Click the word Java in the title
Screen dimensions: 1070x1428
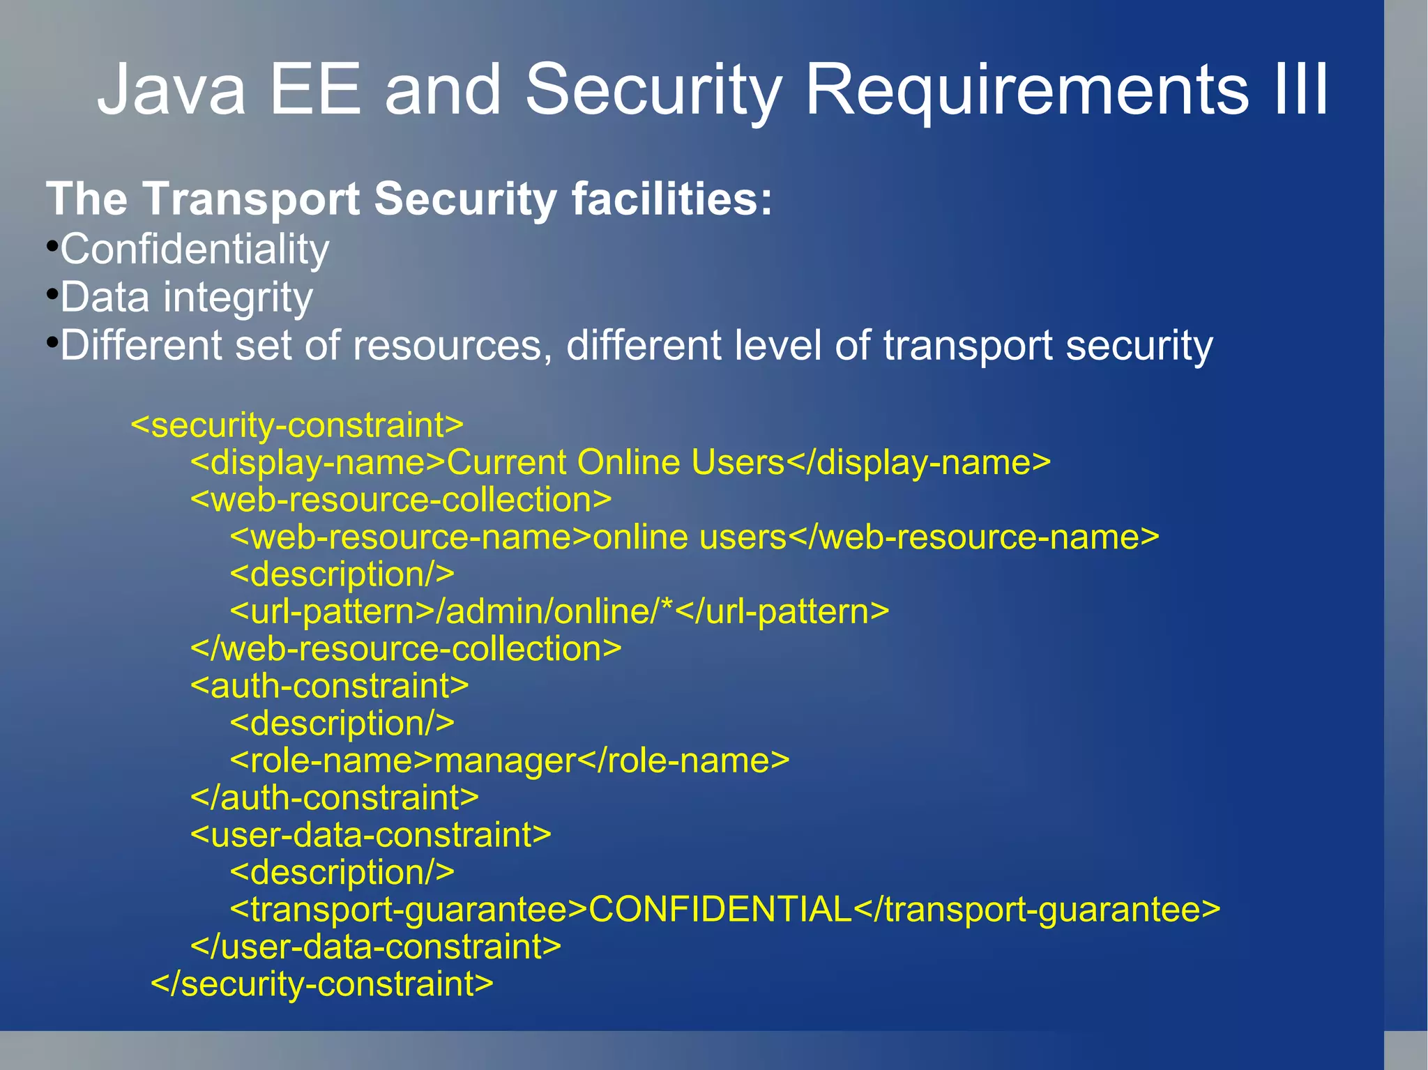pos(172,90)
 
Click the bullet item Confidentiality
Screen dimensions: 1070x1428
pos(194,249)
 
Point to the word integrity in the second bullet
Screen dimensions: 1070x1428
pos(238,298)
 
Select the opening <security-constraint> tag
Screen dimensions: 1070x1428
pos(297,425)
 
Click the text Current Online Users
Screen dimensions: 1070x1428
pos(616,462)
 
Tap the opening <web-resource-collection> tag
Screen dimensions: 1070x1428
pos(401,500)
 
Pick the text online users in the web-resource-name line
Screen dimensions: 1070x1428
pos(689,537)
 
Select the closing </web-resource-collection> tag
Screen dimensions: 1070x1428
pos(406,648)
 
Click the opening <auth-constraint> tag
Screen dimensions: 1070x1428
pos(329,686)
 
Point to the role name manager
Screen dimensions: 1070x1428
pos(506,761)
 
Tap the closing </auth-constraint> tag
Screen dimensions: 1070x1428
pos(335,797)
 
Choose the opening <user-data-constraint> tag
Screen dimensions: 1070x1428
pos(371,835)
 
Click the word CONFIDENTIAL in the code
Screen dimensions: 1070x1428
pos(720,909)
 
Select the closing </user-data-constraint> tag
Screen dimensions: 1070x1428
pos(376,947)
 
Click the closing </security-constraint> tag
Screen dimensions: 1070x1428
pos(322,984)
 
